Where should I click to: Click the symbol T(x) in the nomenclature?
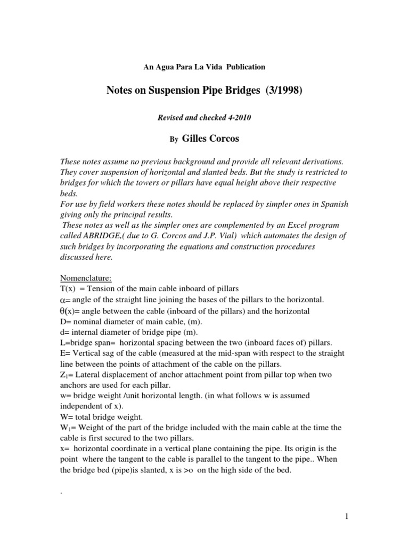tap(68, 288)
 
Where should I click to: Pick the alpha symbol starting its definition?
tap(64, 300)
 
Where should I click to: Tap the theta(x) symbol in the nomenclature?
tap(70, 311)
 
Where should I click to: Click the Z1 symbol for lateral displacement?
tap(65, 375)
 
